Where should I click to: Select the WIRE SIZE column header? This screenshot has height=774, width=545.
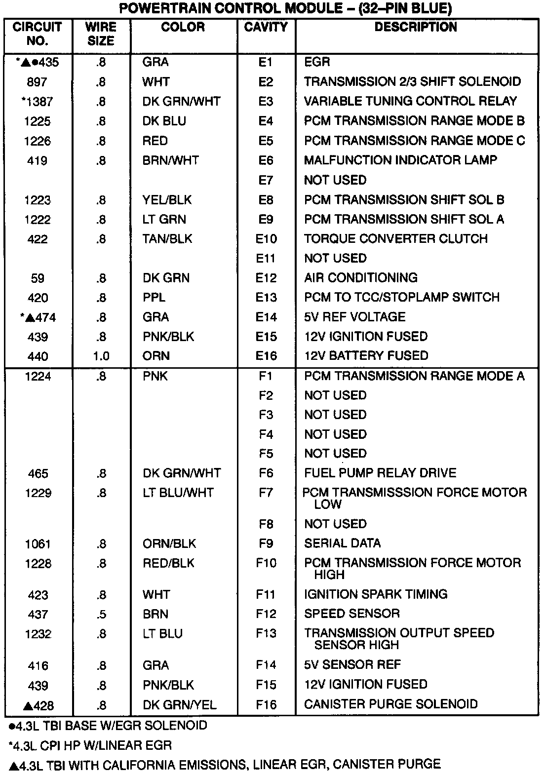[101, 34]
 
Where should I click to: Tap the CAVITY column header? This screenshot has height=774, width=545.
[266, 27]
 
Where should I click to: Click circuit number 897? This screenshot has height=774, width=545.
[38, 82]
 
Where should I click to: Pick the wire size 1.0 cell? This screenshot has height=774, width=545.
[101, 356]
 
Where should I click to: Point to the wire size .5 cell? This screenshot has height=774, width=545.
[101, 615]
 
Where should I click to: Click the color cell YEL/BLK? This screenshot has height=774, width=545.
[167, 200]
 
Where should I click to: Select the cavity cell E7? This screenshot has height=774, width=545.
[266, 180]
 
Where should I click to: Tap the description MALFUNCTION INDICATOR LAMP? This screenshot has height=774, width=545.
[400, 160]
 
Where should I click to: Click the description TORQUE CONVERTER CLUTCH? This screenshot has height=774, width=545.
[395, 239]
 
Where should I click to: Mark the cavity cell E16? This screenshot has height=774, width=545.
[266, 356]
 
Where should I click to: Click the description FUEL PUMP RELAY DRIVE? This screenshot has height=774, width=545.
[380, 473]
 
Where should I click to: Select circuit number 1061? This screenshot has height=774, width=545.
[38, 544]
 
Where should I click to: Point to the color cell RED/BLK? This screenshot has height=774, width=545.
[168, 563]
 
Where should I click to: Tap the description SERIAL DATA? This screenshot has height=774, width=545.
[342, 543]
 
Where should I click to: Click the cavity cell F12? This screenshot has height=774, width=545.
[266, 614]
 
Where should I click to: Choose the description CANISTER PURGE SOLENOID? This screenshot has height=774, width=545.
[390, 704]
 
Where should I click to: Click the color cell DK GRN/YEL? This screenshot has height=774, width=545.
[179, 705]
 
